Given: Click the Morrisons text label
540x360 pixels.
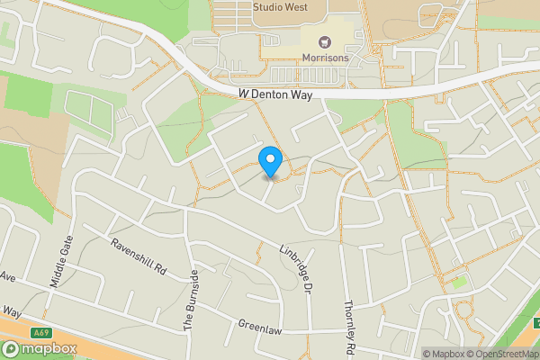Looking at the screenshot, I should point(325,58).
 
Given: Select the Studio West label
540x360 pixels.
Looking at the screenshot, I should point(280,7).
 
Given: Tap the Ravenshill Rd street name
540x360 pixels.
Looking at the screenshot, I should point(139,257).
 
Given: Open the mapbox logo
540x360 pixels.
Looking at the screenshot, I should point(40,349).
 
